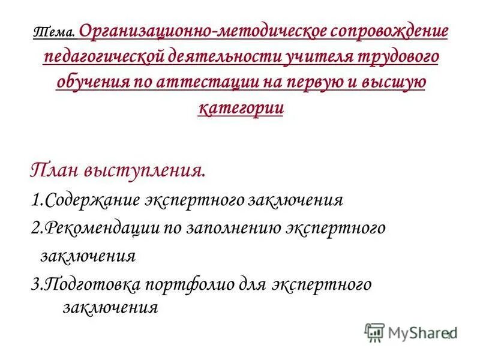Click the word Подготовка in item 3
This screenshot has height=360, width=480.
(84, 284)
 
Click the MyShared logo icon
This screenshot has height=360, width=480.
(374, 332)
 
